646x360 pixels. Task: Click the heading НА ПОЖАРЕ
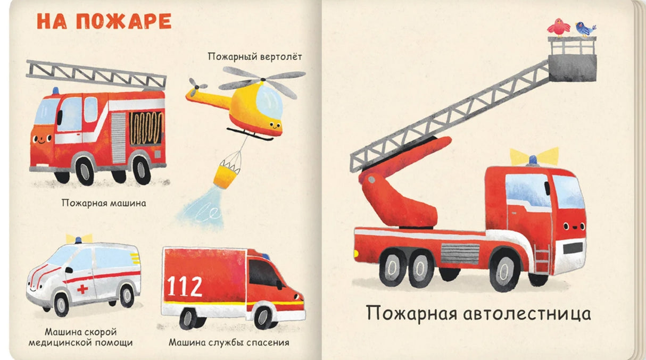104,21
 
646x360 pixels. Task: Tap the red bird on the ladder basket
558,26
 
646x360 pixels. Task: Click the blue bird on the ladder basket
584,27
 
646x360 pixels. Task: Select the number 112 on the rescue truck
185,286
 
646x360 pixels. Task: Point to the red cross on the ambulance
82,289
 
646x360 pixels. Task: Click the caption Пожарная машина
103,203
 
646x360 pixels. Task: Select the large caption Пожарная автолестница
478,313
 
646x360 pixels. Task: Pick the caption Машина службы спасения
229,342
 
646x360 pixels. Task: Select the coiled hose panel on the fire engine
145,128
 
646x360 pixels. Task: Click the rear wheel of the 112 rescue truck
186,318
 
